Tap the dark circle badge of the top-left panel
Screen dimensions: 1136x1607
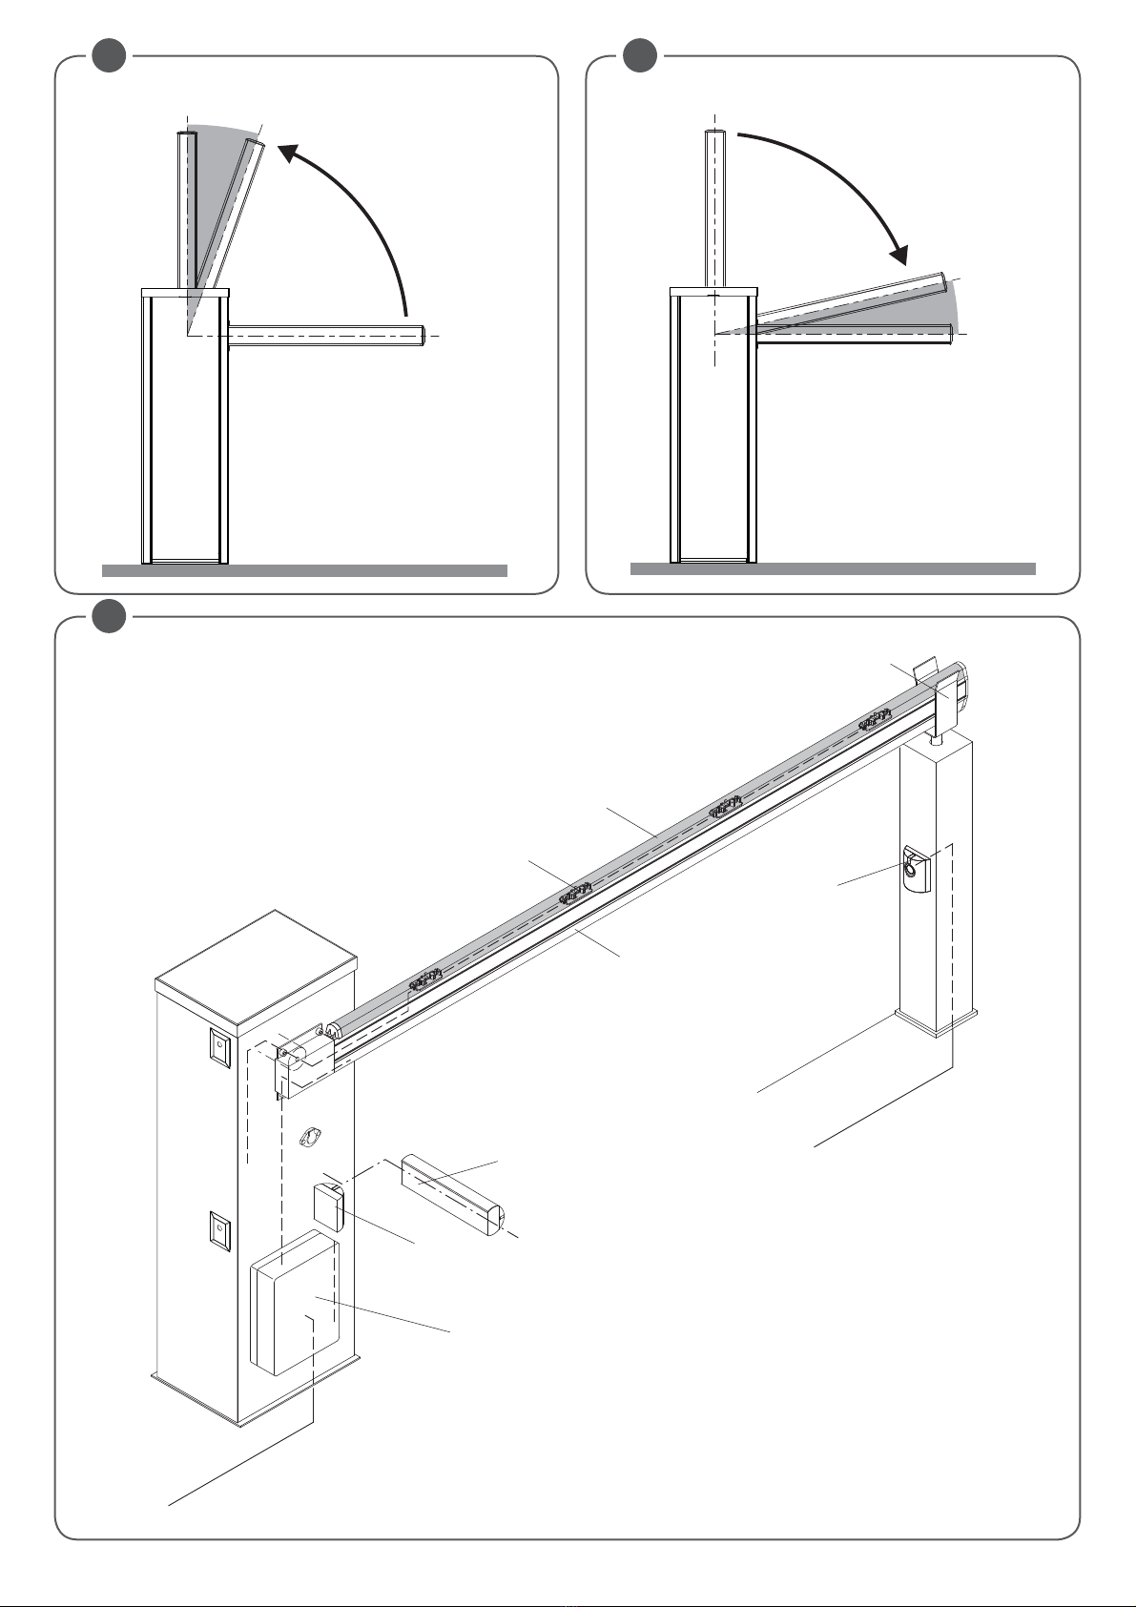click(111, 55)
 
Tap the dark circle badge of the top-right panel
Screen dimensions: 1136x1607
click(640, 55)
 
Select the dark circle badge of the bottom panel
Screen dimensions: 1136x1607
click(111, 616)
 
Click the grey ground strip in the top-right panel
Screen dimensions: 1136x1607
click(832, 569)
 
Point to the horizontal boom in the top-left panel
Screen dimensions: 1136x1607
click(324, 335)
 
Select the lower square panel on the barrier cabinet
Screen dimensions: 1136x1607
click(219, 1230)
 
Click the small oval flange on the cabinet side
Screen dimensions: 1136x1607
click(308, 1137)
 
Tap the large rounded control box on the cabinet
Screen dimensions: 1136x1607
click(294, 1302)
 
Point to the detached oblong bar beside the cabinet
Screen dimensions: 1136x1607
click(453, 1194)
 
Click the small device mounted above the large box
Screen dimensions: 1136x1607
click(328, 1206)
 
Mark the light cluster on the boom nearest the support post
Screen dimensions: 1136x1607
click(875, 721)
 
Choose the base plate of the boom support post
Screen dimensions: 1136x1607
click(936, 1022)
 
